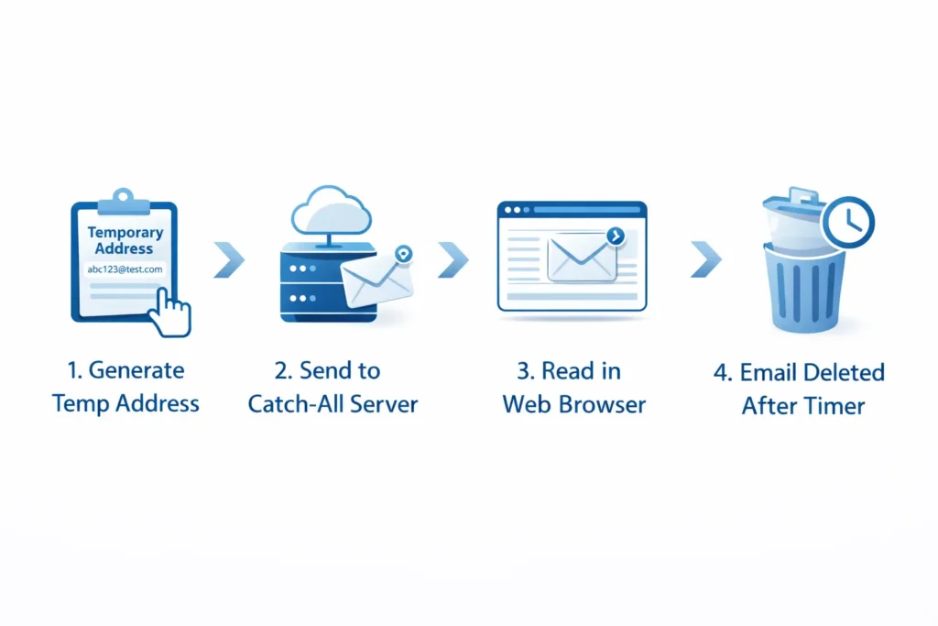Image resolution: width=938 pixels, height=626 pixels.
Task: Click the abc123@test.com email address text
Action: pyautogui.click(x=125, y=269)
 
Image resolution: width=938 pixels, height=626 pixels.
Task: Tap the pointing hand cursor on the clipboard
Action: pyautogui.click(x=171, y=312)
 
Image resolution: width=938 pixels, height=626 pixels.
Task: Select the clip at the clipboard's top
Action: pyautogui.click(x=124, y=196)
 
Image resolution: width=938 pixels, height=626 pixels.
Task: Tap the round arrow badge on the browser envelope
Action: pyautogui.click(x=615, y=236)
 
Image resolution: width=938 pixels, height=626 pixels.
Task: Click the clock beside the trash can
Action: pyautogui.click(x=848, y=221)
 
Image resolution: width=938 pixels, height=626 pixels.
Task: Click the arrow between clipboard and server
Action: pyautogui.click(x=229, y=260)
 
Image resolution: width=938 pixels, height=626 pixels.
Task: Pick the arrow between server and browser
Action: pyautogui.click(x=453, y=260)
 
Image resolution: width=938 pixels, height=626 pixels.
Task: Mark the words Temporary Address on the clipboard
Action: pyautogui.click(x=125, y=240)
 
